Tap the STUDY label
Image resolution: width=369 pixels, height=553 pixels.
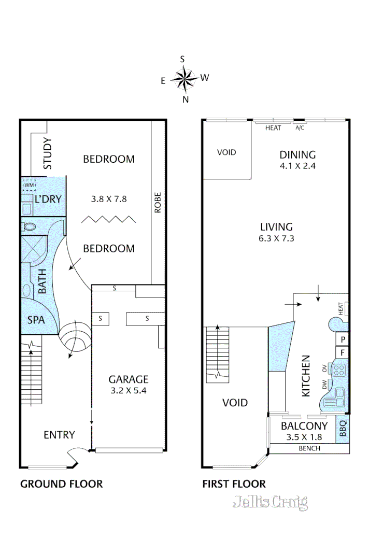tap(47, 153)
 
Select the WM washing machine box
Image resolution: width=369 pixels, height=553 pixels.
tap(29, 185)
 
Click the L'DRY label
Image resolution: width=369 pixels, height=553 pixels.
tap(48, 199)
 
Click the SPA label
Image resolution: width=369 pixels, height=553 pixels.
tap(36, 320)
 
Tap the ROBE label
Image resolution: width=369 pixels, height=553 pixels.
tap(158, 203)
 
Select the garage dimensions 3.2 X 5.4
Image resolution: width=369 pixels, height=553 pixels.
tap(129, 391)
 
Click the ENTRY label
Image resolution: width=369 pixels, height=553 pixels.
tap(59, 435)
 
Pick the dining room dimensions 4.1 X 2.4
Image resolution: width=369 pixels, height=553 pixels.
tap(298, 166)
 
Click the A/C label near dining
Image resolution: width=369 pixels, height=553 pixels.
tap(300, 128)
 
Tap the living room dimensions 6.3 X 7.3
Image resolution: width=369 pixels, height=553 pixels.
tap(276, 238)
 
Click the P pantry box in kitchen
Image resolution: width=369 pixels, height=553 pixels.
tap(342, 340)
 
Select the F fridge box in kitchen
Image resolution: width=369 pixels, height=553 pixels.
tap(342, 352)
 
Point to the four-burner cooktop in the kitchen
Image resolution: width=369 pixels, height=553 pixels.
tap(339, 371)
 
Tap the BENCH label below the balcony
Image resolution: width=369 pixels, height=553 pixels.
tap(309, 449)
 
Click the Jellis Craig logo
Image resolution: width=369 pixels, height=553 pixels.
tap(270, 502)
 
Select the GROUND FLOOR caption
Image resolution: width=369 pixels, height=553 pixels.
tap(61, 484)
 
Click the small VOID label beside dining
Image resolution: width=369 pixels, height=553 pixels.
tap(226, 152)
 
